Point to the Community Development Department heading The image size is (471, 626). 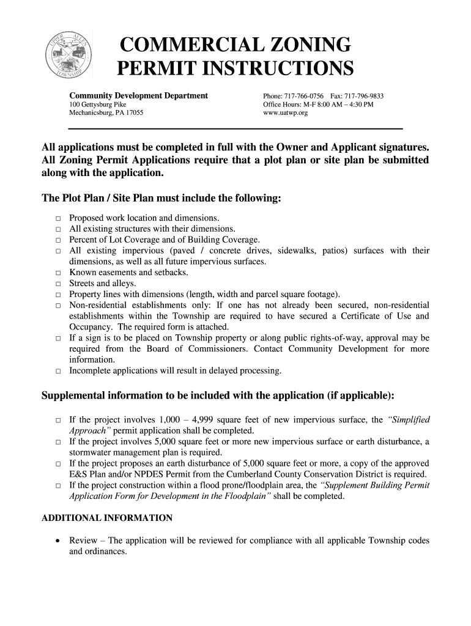[x=138, y=96]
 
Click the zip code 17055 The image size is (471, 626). [x=134, y=114]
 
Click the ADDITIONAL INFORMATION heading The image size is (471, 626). [x=106, y=518]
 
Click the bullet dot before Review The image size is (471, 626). [x=57, y=541]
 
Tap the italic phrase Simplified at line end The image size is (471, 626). [x=409, y=419]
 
